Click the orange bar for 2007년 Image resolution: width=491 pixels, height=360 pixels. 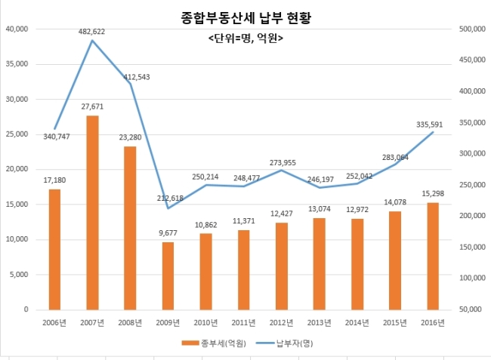pos(91,212)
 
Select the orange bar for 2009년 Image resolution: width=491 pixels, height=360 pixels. pos(168,275)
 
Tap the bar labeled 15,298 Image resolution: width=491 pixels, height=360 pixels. pos(432,256)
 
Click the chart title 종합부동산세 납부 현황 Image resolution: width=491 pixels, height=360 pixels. pos(246,17)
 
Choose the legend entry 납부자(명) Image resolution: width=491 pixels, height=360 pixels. pos(295,343)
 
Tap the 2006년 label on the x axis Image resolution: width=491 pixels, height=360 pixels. pos(54,322)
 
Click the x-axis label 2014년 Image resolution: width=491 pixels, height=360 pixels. pos(357,322)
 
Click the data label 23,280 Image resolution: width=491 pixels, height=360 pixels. pos(130,137)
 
